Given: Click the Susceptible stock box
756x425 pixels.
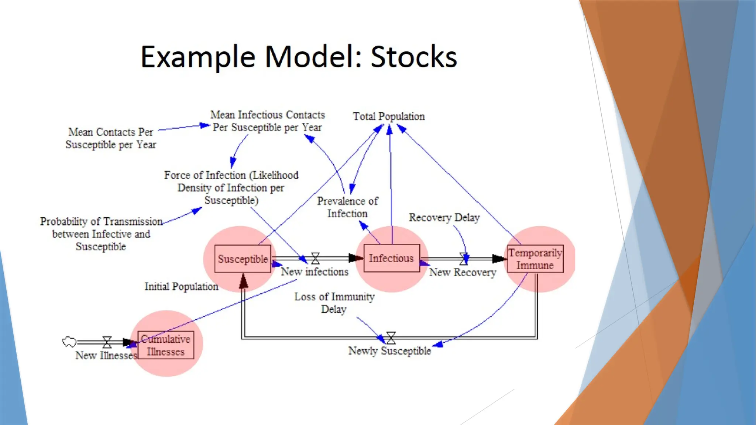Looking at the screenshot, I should click(243, 259).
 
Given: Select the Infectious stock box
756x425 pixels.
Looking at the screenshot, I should click(391, 258).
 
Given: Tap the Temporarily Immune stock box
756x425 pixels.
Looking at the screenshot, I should click(535, 259).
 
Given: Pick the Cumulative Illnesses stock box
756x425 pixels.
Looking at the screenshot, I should click(166, 345).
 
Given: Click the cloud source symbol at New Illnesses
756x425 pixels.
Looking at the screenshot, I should click(69, 342).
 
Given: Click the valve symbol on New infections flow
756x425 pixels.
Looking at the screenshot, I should click(315, 258).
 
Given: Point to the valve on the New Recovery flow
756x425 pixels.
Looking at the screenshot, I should click(464, 259).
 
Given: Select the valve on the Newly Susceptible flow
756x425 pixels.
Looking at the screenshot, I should click(391, 338).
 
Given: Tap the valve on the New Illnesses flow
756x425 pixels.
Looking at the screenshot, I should click(107, 342).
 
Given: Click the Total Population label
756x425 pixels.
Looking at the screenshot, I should click(389, 117).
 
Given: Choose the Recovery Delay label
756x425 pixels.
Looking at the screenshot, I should click(444, 218).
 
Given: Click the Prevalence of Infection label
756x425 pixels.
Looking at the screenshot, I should click(347, 207).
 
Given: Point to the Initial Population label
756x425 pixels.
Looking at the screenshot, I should click(181, 287).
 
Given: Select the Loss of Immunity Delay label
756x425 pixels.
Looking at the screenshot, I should click(334, 303).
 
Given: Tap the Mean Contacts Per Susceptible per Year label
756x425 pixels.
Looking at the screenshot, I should click(111, 138).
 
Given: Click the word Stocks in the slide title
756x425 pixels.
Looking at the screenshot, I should click(413, 57).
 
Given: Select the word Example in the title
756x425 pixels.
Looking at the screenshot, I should click(198, 57).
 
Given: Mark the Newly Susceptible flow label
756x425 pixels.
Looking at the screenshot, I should click(389, 351).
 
